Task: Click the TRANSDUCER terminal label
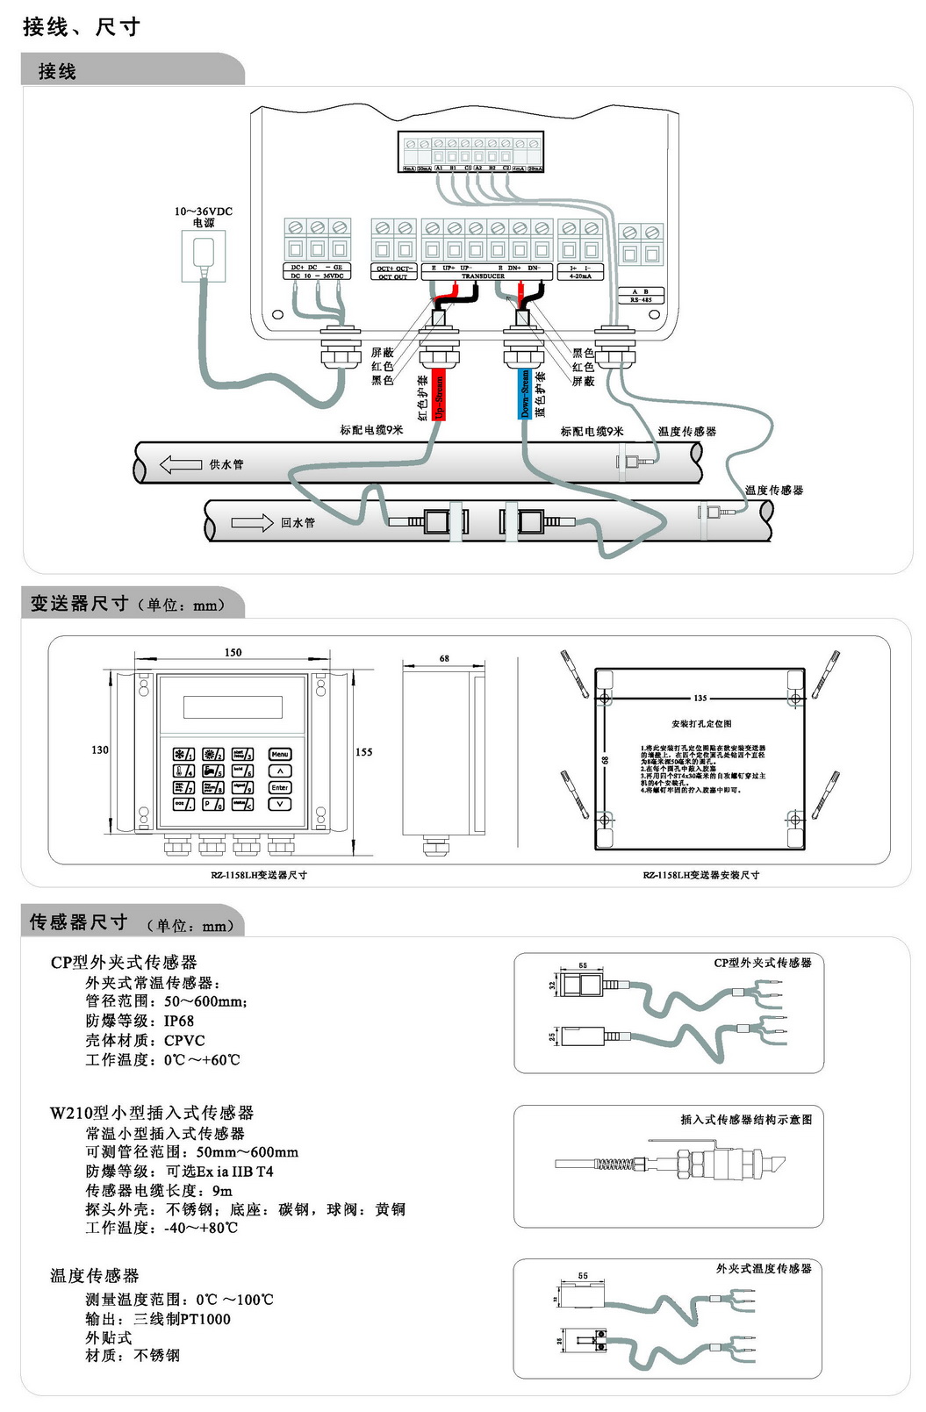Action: [x=483, y=276]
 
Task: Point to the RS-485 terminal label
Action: [x=640, y=300]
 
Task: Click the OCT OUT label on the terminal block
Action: [x=393, y=276]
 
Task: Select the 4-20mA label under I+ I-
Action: [x=580, y=276]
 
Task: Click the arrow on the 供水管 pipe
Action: [x=181, y=464]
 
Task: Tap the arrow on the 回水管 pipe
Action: [x=252, y=523]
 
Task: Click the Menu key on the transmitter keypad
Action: [x=279, y=754]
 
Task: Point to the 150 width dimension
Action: [x=233, y=652]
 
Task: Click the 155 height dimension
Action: [x=363, y=752]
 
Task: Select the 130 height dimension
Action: [x=100, y=749]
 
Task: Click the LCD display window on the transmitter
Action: [x=233, y=706]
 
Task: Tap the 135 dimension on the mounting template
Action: [x=700, y=699]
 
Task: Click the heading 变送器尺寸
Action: [x=79, y=604]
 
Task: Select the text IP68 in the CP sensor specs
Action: [x=179, y=1021]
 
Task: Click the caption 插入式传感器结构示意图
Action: [x=746, y=1119]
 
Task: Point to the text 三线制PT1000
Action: [x=182, y=1318]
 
